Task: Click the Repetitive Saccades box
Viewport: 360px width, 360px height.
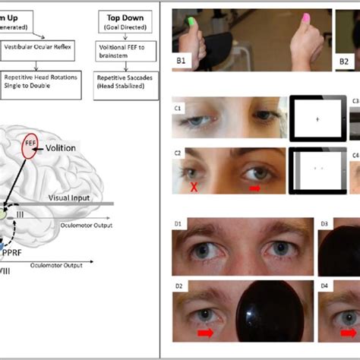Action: [125, 81]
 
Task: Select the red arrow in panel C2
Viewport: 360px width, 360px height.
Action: [254, 187]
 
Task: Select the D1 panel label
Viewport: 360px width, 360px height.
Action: [179, 226]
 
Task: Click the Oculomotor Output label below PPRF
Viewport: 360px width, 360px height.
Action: [58, 267]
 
